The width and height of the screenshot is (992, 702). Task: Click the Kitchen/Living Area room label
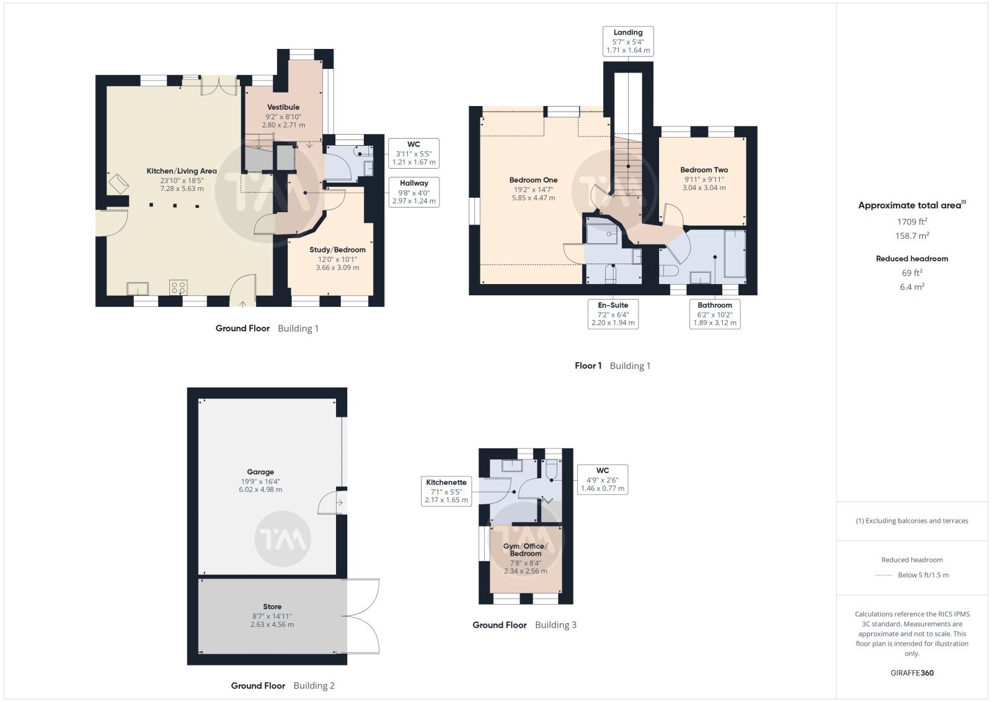pyautogui.click(x=182, y=171)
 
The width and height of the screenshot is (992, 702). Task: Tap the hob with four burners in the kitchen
pyautogui.click(x=178, y=288)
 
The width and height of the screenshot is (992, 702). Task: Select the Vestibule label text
pyautogui.click(x=283, y=107)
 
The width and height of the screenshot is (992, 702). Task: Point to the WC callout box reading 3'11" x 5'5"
pyautogui.click(x=414, y=153)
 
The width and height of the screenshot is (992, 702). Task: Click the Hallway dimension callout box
pyautogui.click(x=414, y=192)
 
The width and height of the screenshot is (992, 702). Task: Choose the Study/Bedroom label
pyautogui.click(x=337, y=250)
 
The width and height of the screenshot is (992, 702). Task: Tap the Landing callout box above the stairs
pyautogui.click(x=628, y=41)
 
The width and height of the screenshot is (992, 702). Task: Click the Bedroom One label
pyautogui.click(x=533, y=180)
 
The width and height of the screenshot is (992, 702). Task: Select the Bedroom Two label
pyautogui.click(x=704, y=170)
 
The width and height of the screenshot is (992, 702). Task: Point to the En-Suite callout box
pyautogui.click(x=613, y=314)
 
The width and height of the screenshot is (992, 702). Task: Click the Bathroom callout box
pyautogui.click(x=715, y=314)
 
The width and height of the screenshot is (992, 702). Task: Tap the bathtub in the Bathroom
pyautogui.click(x=735, y=254)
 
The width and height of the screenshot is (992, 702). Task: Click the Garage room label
pyautogui.click(x=260, y=472)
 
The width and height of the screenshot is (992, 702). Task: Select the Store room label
pyautogui.click(x=272, y=606)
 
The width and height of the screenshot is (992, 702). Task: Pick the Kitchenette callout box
pyautogui.click(x=446, y=491)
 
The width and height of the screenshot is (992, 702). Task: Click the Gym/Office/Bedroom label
pyautogui.click(x=525, y=549)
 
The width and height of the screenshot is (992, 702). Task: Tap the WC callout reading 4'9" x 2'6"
pyautogui.click(x=602, y=479)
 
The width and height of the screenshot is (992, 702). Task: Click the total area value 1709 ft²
pyautogui.click(x=912, y=221)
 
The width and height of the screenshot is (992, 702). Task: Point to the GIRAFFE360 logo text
pyautogui.click(x=912, y=673)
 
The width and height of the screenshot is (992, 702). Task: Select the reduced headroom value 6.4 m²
pyautogui.click(x=912, y=287)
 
